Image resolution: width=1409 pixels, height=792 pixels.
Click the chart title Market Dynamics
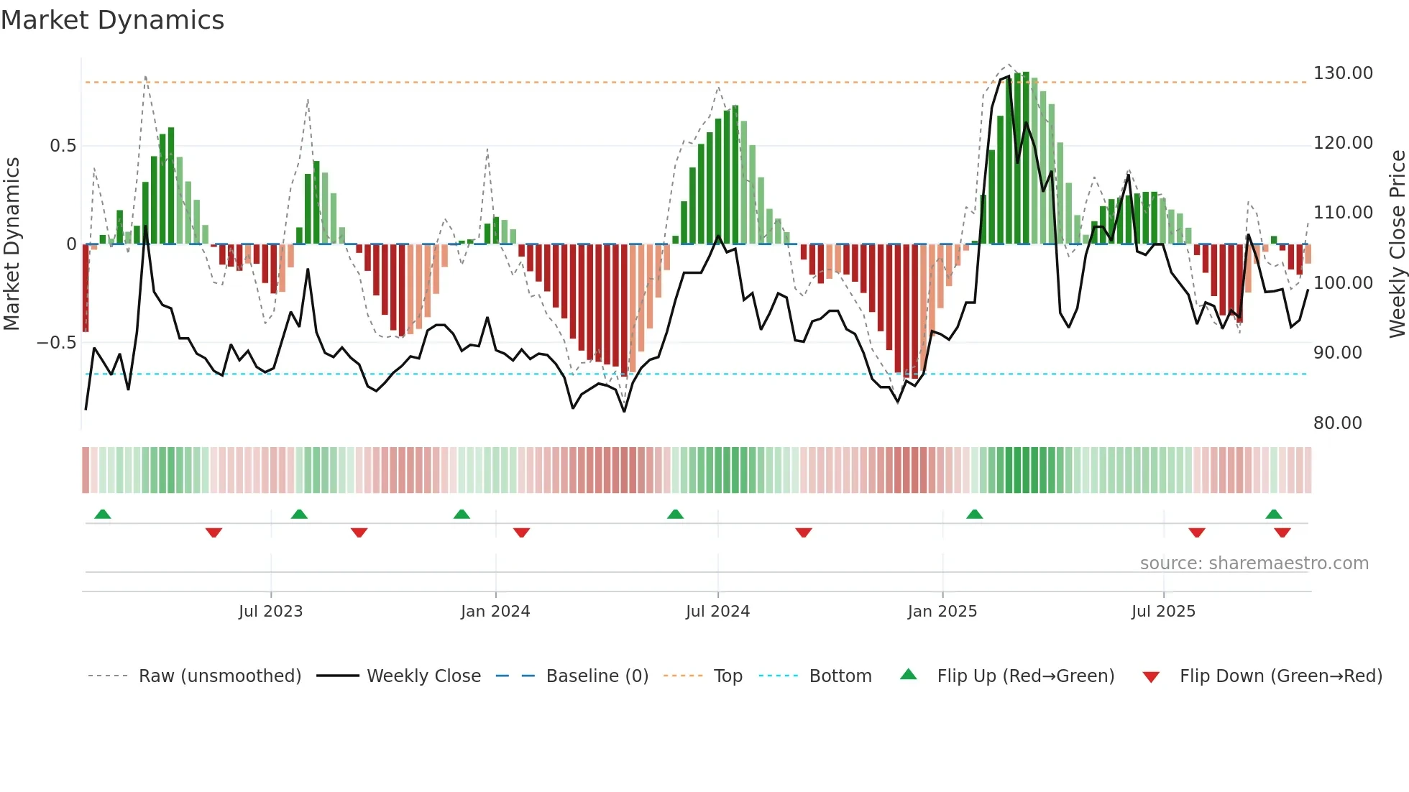pos(113,20)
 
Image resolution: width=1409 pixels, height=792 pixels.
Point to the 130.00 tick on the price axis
pos(1343,73)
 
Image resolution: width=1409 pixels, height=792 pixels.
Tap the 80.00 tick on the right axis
pos(1337,423)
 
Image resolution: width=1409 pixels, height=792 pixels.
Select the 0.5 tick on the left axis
pos(63,146)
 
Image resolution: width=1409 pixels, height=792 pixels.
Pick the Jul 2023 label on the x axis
pos(270,612)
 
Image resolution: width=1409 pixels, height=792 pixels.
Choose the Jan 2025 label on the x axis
pos(942,612)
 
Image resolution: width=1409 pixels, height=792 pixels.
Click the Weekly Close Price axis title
pos(1397,244)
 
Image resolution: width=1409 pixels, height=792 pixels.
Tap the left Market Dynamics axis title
pos(12,244)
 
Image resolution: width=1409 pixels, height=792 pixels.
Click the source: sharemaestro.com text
pos(1254,563)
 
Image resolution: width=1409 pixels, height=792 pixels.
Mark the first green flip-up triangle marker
pos(103,514)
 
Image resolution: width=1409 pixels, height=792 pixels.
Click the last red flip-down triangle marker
pos(1282,533)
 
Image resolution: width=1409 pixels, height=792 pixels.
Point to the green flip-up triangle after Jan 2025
pos(974,514)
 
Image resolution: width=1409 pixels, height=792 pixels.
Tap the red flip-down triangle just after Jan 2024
pos(521,533)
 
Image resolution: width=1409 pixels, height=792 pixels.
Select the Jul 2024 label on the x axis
pos(717,612)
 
